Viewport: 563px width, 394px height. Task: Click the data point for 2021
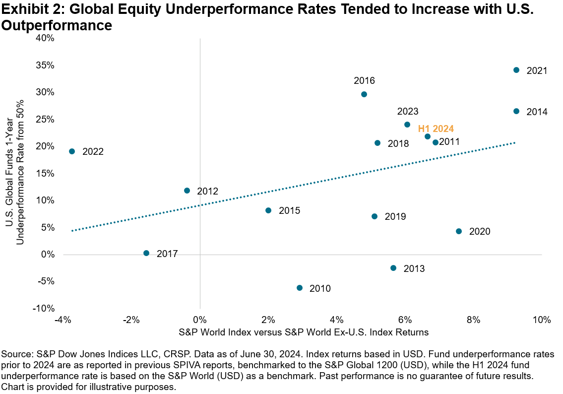tap(516, 70)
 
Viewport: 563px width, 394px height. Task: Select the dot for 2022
tap(72, 151)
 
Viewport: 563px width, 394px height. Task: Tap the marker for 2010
tap(299, 288)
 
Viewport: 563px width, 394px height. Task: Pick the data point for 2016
tap(364, 94)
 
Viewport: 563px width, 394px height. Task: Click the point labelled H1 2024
tap(428, 136)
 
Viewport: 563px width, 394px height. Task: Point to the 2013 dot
tap(393, 268)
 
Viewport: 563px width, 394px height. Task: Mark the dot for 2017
tap(146, 253)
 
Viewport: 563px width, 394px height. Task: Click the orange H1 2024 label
tap(436, 129)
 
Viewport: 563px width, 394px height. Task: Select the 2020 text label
tap(479, 232)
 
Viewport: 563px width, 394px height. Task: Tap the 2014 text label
tap(537, 112)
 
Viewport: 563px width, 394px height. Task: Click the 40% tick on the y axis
tap(45, 38)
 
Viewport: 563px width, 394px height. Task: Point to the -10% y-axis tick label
tap(43, 308)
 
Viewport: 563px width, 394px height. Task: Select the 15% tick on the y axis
tap(45, 174)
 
